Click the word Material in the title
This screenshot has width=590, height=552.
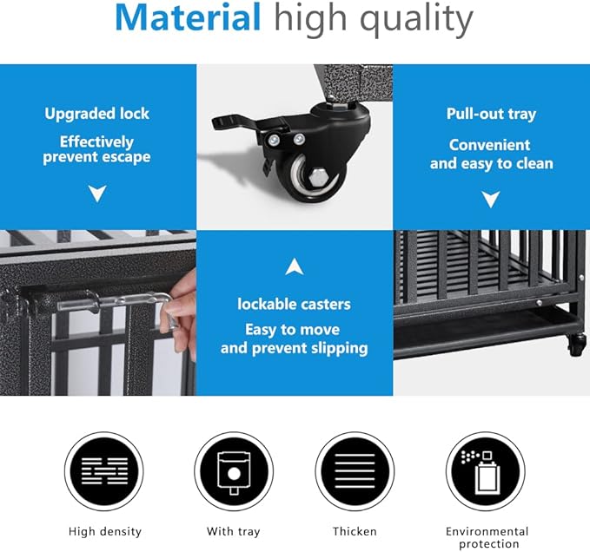[188, 19]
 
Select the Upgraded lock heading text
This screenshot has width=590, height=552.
[97, 114]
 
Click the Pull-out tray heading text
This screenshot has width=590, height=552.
[491, 114]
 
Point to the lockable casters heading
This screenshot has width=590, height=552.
[294, 304]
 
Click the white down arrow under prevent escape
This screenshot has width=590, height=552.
[97, 193]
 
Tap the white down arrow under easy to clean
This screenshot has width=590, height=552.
[491, 199]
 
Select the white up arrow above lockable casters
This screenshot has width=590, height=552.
[295, 266]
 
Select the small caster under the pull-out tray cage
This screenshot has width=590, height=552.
[576, 345]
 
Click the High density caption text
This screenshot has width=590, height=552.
[104, 531]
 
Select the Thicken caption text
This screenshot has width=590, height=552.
[355, 531]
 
